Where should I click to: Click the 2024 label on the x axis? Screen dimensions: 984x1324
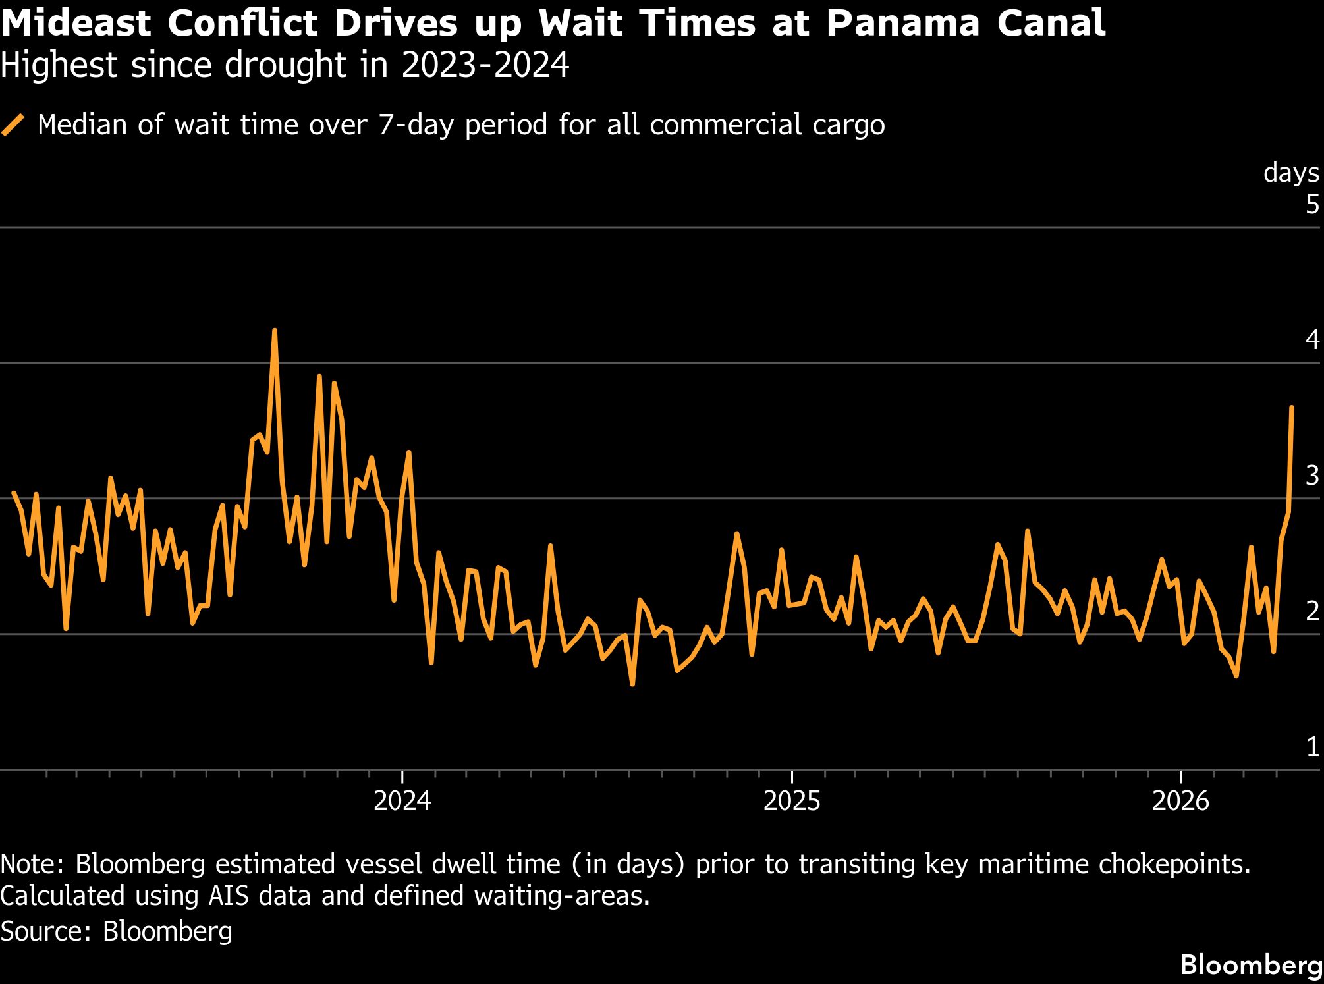tap(402, 802)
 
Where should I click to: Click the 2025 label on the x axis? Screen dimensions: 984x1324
tap(792, 802)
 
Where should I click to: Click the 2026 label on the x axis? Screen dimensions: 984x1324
tap(1181, 802)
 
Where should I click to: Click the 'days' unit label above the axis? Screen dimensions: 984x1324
tap(1291, 173)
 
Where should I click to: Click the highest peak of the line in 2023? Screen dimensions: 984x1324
tap(275, 331)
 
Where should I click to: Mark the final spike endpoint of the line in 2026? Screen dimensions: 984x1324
tap(1291, 408)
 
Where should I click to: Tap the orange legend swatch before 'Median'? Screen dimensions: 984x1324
tap(13, 124)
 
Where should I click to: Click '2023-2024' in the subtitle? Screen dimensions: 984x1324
tap(485, 65)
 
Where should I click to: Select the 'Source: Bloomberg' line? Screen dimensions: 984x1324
tap(117, 931)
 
